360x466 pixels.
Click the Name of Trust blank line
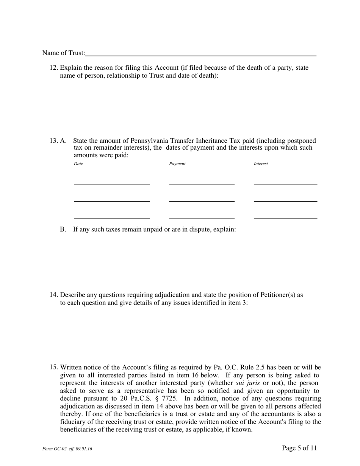pos(201,55)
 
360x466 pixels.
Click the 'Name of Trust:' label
pos(64,53)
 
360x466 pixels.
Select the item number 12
pos(54,68)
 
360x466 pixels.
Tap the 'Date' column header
pos(78,164)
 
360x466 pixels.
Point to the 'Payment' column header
pos(177,164)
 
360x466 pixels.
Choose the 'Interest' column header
pos(261,164)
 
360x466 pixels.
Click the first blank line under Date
pos(112,184)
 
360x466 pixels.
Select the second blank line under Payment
pos(202,201)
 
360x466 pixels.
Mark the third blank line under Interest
pos(285,217)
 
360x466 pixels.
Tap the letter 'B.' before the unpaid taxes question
pos(63,229)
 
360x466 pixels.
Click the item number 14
pos(54,295)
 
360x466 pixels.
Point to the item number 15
pos(54,367)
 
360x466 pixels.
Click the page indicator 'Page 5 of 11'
pos(299,448)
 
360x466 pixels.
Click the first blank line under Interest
pos(285,184)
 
